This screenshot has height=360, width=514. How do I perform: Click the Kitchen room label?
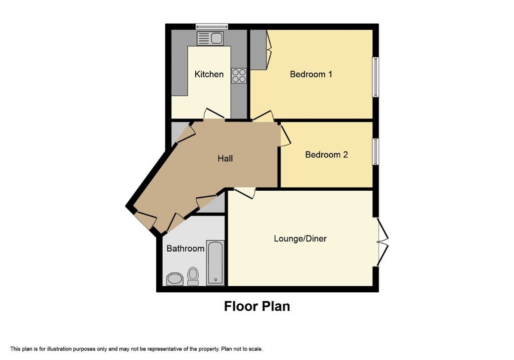coord(209,74)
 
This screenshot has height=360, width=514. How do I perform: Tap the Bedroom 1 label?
coord(311,74)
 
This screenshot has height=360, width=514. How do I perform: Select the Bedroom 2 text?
coord(326,155)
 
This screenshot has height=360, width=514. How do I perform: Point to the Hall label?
coord(225,159)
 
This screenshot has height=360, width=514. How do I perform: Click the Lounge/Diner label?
coord(300,238)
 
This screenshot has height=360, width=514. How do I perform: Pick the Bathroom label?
coord(185,249)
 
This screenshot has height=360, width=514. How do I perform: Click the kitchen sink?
coord(210,38)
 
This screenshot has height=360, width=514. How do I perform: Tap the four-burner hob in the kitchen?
coord(238,76)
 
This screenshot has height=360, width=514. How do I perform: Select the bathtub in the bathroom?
coord(215,263)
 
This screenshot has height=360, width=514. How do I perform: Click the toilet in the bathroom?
coord(193,276)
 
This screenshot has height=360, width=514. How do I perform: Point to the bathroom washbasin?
coord(175,279)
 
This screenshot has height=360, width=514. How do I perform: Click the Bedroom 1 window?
coord(375,77)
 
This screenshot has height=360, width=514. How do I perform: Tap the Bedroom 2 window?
coord(375,152)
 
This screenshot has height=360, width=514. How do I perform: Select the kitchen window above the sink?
coord(212,27)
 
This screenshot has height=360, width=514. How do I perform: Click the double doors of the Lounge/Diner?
coord(382,242)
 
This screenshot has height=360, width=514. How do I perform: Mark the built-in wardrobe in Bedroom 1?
coord(259,50)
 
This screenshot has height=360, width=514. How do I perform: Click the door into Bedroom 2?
coord(285,135)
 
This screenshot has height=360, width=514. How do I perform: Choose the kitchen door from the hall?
coord(214,114)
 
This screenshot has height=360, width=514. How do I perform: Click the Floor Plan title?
coord(257,306)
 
